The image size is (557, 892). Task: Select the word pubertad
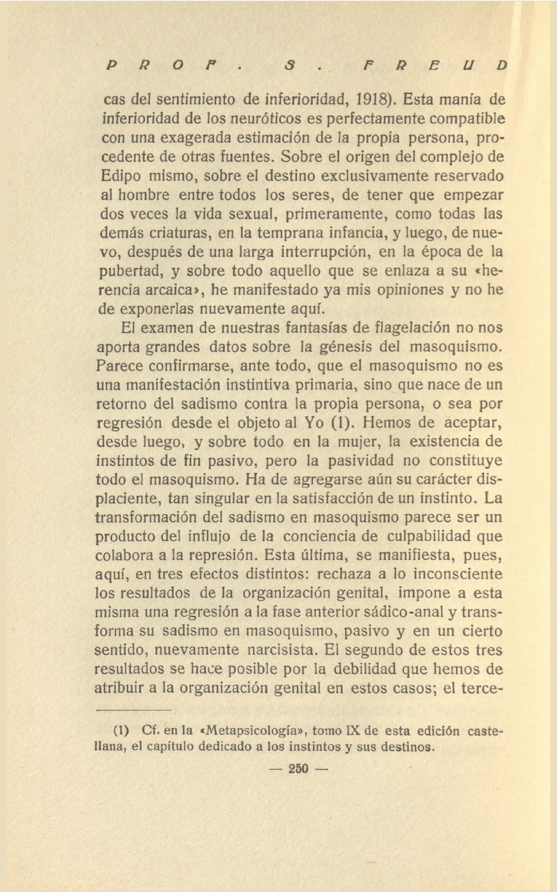click(130, 271)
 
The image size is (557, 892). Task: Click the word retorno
click(121, 403)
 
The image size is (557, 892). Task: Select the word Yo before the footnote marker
click(314, 423)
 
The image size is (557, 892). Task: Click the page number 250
click(298, 768)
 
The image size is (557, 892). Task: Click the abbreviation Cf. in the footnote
click(149, 730)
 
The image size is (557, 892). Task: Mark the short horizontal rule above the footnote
click(133, 710)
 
